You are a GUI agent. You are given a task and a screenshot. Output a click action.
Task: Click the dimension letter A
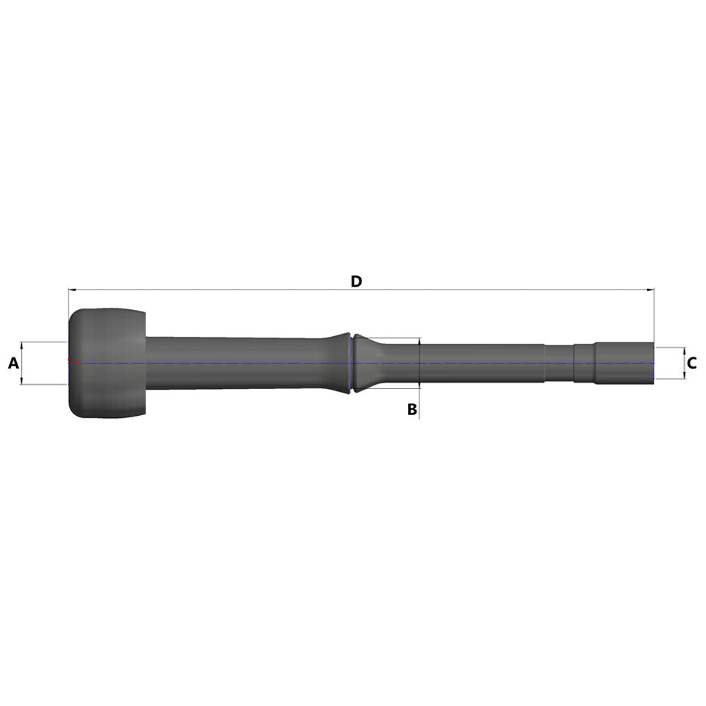(x=13, y=364)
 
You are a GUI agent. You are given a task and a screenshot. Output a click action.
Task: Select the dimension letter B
(x=412, y=409)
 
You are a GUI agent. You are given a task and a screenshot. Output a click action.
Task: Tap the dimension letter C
(x=692, y=364)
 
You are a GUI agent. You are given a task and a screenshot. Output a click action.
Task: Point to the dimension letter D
(x=357, y=281)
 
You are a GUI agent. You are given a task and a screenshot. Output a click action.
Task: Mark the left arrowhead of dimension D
(x=71, y=289)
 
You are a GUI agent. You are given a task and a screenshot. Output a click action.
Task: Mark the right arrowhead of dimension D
(x=652, y=289)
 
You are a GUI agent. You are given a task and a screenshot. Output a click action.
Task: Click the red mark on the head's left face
(x=68, y=363)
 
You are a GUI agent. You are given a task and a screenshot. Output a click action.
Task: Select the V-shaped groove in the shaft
(x=352, y=363)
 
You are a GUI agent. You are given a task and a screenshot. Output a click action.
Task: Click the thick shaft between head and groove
(x=240, y=363)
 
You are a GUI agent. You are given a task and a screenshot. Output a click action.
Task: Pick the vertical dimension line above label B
(x=419, y=363)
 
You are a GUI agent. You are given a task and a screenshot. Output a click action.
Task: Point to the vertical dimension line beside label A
(x=23, y=363)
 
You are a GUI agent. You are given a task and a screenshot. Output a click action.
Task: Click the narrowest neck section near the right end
(x=559, y=363)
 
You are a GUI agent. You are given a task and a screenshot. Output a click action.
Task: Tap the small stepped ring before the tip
(x=584, y=363)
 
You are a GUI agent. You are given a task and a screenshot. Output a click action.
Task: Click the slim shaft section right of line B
(x=480, y=363)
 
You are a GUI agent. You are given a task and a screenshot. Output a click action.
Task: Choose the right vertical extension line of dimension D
(x=654, y=318)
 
